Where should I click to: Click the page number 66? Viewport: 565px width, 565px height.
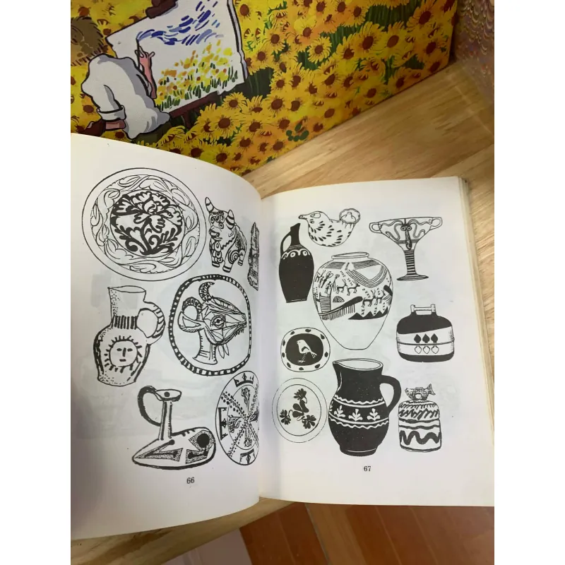click(x=190, y=480)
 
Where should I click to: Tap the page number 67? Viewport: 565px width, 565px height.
click(x=367, y=468)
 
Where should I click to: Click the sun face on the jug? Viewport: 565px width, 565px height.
click(x=121, y=350)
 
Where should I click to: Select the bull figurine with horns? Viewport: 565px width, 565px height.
click(x=225, y=234)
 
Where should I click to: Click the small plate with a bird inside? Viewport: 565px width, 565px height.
click(x=305, y=350)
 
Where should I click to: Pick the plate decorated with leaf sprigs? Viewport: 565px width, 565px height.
click(x=299, y=410)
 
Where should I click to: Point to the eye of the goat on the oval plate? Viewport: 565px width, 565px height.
click(x=218, y=321)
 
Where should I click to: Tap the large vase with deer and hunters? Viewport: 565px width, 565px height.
click(x=352, y=299)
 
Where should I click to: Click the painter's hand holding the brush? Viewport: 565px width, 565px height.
click(x=146, y=58)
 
